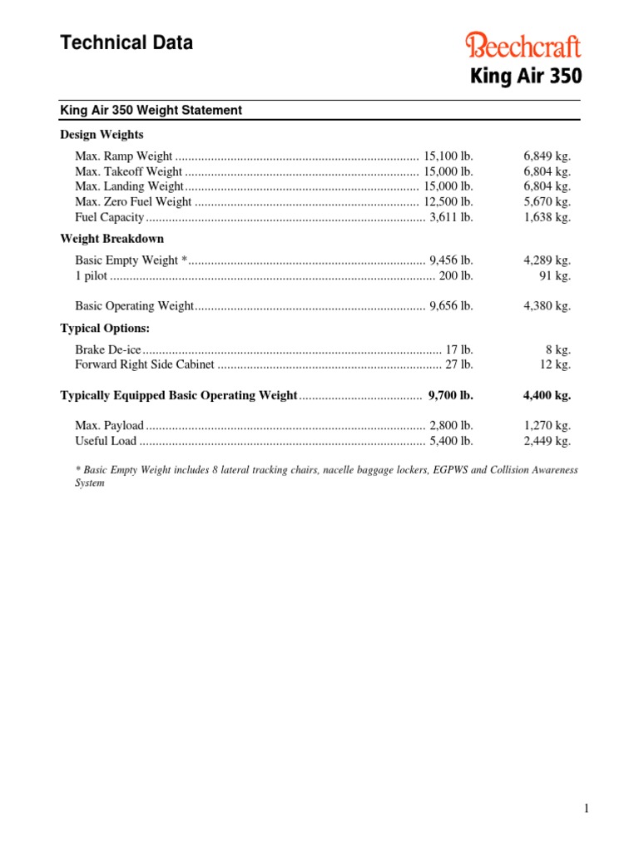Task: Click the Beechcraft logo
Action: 523,46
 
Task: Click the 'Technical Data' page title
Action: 126,43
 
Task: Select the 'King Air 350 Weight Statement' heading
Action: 151,110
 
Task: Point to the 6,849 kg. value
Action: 547,156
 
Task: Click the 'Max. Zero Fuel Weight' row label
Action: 133,202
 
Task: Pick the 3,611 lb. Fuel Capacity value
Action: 451,217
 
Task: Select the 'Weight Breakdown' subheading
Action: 112,239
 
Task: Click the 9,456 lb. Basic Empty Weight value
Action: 451,261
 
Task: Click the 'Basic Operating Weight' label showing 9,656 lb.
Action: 134,306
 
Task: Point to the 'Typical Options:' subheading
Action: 105,328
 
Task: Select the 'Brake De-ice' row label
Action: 108,350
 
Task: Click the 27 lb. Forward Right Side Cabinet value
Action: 459,364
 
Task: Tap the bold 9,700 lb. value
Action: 450,395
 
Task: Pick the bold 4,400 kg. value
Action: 547,395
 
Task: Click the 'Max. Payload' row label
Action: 109,426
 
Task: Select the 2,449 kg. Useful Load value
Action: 547,441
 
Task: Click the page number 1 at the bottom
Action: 586,809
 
